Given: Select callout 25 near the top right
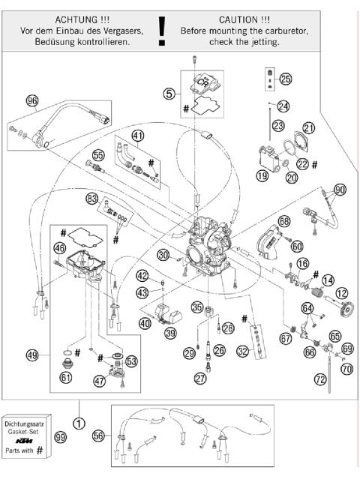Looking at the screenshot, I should (285, 79).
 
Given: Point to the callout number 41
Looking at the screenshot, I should (137, 136).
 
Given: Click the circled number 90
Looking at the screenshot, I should (340, 190).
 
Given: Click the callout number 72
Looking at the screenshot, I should (321, 381).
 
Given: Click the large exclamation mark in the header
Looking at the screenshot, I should (161, 28).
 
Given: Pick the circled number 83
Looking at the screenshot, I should (92, 199).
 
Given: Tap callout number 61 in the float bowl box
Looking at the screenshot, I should (66, 377).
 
